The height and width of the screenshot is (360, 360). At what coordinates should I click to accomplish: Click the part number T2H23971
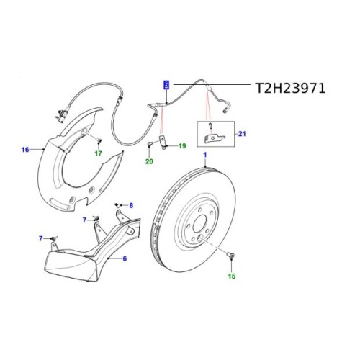tap(291, 88)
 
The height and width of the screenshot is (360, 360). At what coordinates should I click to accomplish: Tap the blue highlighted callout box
tap(167, 84)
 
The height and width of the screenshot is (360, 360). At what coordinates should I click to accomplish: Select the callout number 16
tap(25, 150)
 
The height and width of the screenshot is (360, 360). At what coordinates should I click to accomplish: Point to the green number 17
tap(99, 153)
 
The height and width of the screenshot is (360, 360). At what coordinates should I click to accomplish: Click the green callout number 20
tap(150, 162)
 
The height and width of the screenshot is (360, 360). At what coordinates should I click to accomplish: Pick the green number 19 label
tap(181, 146)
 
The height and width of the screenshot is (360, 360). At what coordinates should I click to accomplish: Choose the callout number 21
tap(241, 134)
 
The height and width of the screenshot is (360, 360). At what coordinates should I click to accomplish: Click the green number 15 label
tap(232, 276)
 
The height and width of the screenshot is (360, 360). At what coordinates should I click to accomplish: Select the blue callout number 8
tap(131, 206)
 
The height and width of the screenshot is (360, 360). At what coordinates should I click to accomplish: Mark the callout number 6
tap(125, 258)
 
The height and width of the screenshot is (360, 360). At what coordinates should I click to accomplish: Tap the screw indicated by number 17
tap(99, 138)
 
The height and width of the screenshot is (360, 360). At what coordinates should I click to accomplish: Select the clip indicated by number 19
tap(164, 147)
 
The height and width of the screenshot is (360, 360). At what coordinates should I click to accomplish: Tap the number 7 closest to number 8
tap(84, 220)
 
